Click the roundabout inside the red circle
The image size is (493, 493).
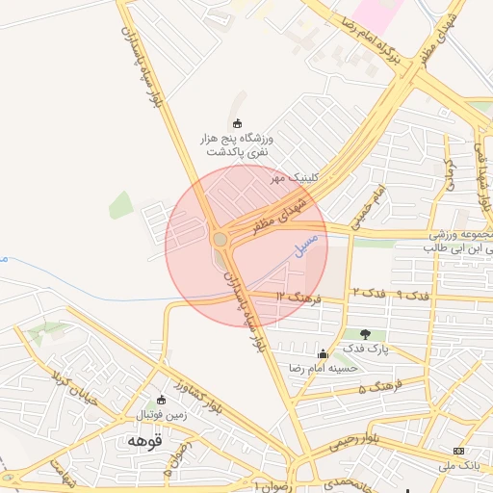[x=221, y=239]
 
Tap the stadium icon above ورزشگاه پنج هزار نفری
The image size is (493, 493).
[x=237, y=123]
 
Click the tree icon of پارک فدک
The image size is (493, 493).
[x=364, y=334]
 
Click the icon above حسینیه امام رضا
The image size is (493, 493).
[x=322, y=353]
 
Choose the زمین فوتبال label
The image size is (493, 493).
[x=160, y=414]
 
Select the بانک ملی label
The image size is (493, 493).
[x=459, y=466]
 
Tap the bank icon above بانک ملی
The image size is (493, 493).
[x=458, y=451]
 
